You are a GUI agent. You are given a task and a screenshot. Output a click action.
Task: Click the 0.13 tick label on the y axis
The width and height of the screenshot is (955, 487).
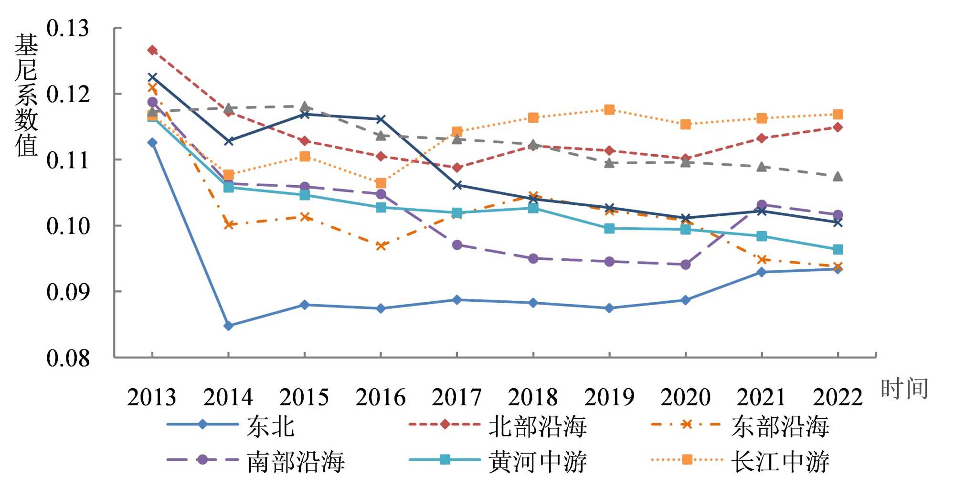67,28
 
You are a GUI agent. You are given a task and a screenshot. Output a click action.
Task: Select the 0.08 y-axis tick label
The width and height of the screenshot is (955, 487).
67,358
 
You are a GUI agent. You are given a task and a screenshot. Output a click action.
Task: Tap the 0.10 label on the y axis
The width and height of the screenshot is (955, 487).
67,226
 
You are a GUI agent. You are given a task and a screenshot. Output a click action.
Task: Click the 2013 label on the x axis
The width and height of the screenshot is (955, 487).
152,397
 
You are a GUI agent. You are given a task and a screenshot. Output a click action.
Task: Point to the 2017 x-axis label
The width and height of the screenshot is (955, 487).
456,397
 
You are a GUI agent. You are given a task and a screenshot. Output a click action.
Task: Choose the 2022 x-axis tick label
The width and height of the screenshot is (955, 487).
838,397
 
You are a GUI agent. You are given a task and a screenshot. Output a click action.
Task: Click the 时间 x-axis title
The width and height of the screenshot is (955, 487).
904,388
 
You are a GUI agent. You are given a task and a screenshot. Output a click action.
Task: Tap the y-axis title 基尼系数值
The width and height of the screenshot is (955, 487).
26,95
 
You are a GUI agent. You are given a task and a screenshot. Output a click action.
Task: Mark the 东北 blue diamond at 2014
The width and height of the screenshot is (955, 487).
228,326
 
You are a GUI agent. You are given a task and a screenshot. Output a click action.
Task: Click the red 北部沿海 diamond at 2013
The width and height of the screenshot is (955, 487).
152,50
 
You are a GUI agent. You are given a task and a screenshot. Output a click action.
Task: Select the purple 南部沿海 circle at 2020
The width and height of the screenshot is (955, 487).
685,265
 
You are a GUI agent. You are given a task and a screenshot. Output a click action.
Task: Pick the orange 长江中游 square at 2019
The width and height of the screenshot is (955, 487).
609,110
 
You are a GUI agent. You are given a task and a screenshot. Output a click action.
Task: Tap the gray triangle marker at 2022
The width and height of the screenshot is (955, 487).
838,177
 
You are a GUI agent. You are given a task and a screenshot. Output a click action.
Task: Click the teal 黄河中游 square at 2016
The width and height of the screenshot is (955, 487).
381,207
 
